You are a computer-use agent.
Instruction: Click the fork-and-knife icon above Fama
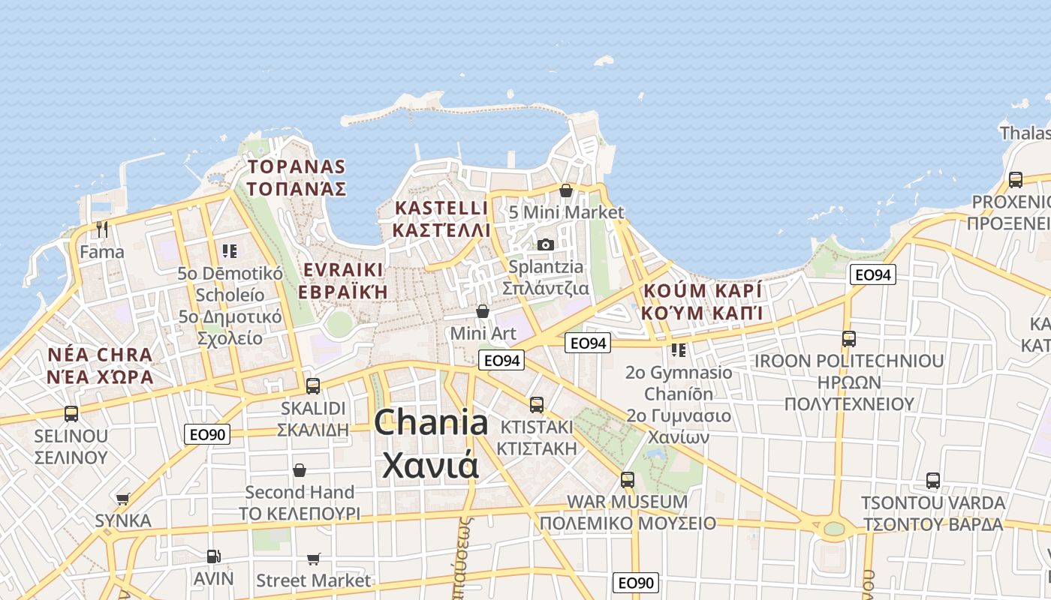pyautogui.click(x=102, y=229)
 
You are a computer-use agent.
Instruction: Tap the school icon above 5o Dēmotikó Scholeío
pyautogui.click(x=230, y=250)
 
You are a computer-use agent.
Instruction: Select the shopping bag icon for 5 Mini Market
pyautogui.click(x=566, y=190)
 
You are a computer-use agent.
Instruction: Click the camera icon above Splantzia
pyautogui.click(x=546, y=244)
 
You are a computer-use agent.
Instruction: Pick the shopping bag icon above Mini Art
pyautogui.click(x=483, y=310)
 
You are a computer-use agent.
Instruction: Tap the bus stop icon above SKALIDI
pyautogui.click(x=313, y=386)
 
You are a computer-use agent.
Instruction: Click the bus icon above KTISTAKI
pyautogui.click(x=537, y=405)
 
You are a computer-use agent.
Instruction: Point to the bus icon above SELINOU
pyautogui.click(x=71, y=413)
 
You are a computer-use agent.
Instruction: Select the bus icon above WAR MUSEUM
pyautogui.click(x=628, y=479)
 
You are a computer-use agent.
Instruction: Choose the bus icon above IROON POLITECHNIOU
pyautogui.click(x=849, y=339)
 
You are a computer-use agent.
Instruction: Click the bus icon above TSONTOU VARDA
pyautogui.click(x=933, y=481)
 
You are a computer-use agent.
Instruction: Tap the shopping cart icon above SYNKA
pyautogui.click(x=123, y=499)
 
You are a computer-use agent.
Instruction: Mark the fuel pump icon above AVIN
pyautogui.click(x=214, y=556)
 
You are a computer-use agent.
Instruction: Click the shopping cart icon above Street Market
pyautogui.click(x=314, y=559)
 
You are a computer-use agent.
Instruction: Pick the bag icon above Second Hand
pyautogui.click(x=300, y=470)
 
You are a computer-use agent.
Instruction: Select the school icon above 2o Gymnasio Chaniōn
pyautogui.click(x=679, y=350)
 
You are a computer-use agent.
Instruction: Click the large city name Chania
pyautogui.click(x=431, y=424)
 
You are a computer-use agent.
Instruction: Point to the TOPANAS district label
pyautogui.click(x=297, y=166)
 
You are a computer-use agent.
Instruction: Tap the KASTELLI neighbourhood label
pyautogui.click(x=441, y=208)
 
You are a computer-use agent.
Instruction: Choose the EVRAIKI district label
pyautogui.click(x=343, y=270)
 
